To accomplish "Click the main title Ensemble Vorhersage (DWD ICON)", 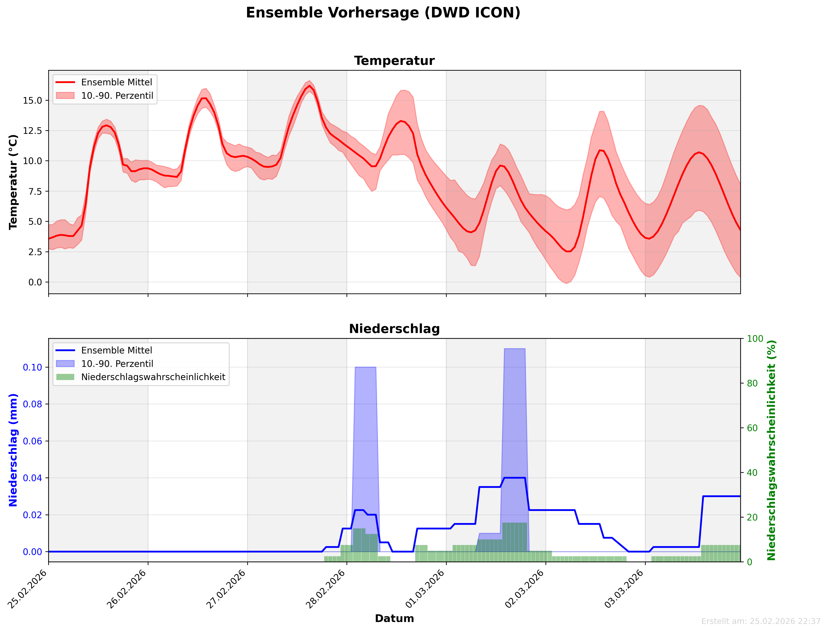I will click(383, 13).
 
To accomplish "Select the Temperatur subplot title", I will click(394, 61).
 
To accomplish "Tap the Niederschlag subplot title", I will click(394, 329).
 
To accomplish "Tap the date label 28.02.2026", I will click(325, 589).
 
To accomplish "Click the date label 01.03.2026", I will click(425, 589).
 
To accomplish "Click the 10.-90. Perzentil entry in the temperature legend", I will click(117, 96).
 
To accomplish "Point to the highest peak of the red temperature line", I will click(310, 86).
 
